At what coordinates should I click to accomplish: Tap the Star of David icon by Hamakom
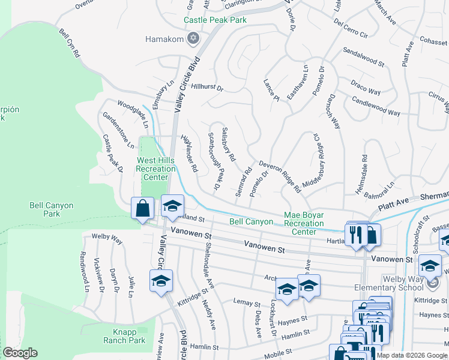coord(193,40)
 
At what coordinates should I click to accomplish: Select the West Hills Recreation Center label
coord(155,169)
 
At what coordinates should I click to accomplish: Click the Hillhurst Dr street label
coord(207,88)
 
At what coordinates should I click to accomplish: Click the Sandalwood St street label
coord(363,58)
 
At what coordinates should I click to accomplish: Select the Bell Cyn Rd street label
coord(69,41)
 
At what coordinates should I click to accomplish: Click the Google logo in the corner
coord(19,353)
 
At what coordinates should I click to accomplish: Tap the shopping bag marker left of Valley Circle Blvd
coord(143,209)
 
